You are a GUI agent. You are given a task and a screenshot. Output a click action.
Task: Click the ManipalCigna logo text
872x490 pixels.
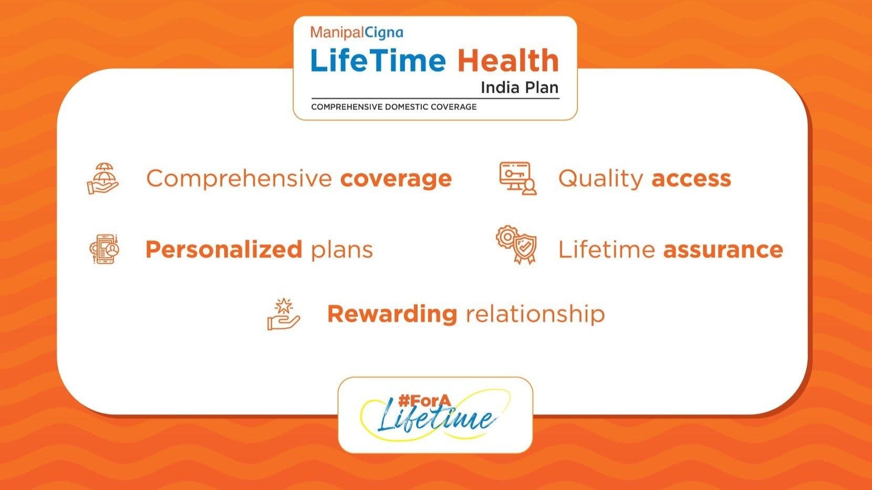coord(357,33)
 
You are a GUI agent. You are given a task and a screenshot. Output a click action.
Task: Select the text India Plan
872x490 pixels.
coord(519,87)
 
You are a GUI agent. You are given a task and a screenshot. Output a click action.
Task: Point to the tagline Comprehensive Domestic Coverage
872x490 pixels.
coord(393,107)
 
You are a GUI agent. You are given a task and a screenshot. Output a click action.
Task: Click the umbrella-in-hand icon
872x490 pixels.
coord(103,178)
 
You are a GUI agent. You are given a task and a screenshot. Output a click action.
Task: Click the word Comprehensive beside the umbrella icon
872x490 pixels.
coord(239,178)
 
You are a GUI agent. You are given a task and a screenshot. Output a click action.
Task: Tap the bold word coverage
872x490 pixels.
coord(396,178)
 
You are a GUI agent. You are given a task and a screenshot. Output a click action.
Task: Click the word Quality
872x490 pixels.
coord(600,178)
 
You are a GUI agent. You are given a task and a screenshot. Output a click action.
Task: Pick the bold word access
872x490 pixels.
coord(691,178)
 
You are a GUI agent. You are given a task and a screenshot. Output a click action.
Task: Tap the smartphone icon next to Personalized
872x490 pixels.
coord(104,249)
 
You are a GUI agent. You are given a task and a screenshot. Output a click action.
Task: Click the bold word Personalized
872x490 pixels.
coord(223,249)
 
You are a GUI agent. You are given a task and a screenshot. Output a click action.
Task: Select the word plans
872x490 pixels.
coord(341,250)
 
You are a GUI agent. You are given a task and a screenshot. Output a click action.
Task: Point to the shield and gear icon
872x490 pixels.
coord(516,245)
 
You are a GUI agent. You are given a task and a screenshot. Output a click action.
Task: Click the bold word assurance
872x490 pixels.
coord(723,249)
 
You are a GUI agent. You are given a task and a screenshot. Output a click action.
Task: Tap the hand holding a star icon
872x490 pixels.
coord(284,314)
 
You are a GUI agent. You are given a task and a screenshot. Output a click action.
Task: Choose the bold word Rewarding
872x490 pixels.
coord(392,314)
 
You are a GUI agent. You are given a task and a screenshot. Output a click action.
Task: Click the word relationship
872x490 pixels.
coord(535,314)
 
